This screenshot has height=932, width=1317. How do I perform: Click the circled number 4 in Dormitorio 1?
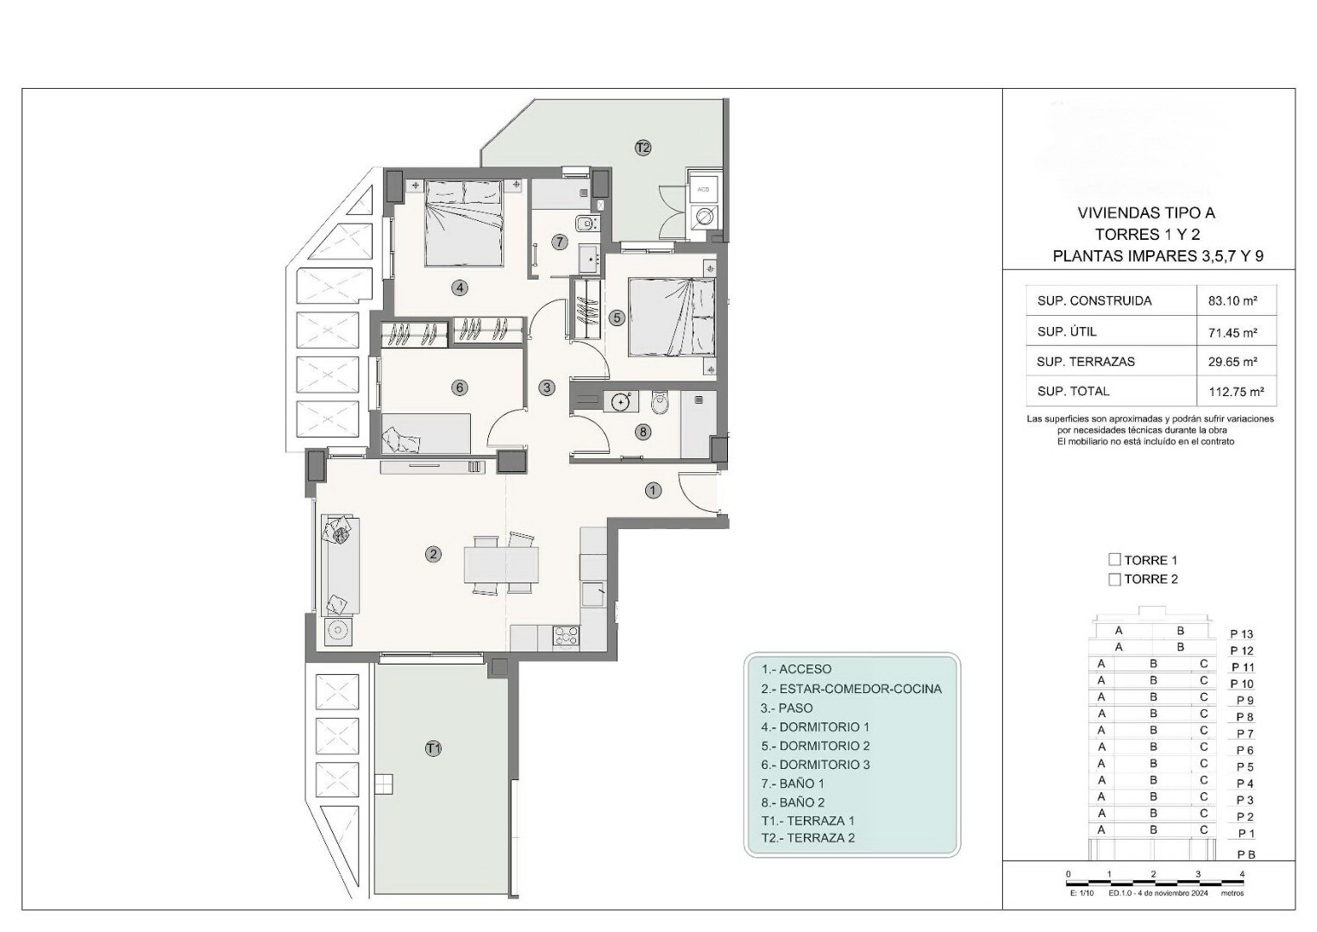[x=459, y=287]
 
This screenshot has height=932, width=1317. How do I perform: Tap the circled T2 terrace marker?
[x=643, y=147]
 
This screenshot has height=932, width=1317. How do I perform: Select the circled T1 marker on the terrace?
[x=433, y=748]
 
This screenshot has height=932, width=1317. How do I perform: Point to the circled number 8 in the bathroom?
[x=643, y=431]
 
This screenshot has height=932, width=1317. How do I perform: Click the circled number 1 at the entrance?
[x=653, y=490]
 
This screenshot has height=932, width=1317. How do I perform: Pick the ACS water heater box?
[x=703, y=189]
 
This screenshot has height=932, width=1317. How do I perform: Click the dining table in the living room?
[x=501, y=564]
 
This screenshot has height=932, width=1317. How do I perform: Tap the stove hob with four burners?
[x=566, y=637]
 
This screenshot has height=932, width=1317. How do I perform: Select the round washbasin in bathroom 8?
[x=621, y=402]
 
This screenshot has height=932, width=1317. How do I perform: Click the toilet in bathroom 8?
[x=661, y=404]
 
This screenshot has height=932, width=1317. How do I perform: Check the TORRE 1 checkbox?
[x=1114, y=559]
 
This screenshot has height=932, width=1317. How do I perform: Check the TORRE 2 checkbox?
[x=1114, y=580]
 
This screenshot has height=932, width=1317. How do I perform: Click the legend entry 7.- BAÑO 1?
[x=793, y=784]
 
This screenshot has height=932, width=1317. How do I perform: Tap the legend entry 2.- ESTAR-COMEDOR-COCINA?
[x=851, y=689]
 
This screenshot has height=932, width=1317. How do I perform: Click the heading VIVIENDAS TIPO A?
[x=1146, y=213]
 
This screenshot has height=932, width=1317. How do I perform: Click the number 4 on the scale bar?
[x=1242, y=873]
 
